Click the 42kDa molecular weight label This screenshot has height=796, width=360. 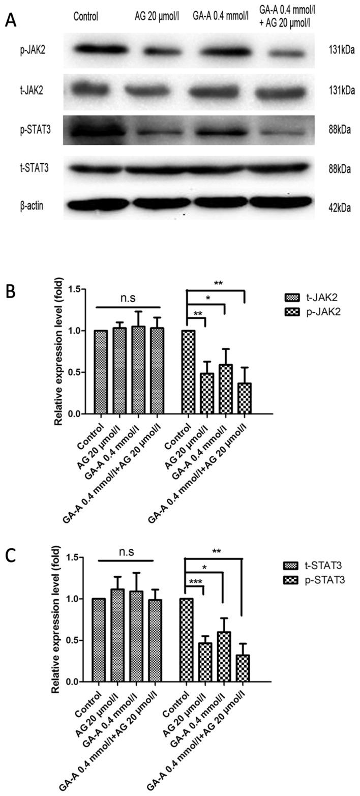tap(340, 208)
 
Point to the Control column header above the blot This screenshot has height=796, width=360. tap(85, 17)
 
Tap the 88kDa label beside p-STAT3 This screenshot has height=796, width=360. tap(340, 130)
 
